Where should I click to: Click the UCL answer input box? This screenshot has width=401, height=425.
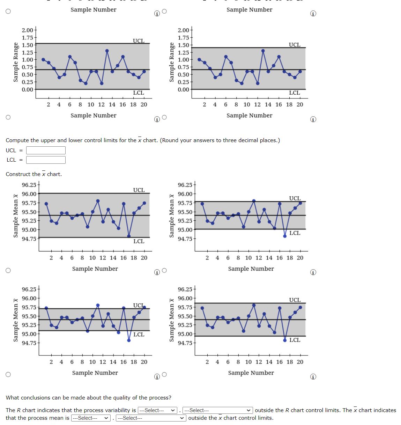(x=46, y=150)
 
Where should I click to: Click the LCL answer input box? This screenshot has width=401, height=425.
(x=46, y=160)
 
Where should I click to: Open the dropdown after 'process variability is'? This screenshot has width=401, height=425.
(x=158, y=410)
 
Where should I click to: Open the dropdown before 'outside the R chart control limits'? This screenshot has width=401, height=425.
(x=218, y=410)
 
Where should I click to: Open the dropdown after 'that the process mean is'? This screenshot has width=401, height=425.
(x=91, y=418)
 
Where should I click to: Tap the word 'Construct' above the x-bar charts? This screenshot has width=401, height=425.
(x=18, y=174)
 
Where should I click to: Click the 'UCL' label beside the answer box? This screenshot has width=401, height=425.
(x=11, y=150)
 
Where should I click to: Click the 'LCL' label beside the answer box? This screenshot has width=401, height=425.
(x=11, y=160)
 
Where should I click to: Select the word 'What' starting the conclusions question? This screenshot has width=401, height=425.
(x=12, y=398)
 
